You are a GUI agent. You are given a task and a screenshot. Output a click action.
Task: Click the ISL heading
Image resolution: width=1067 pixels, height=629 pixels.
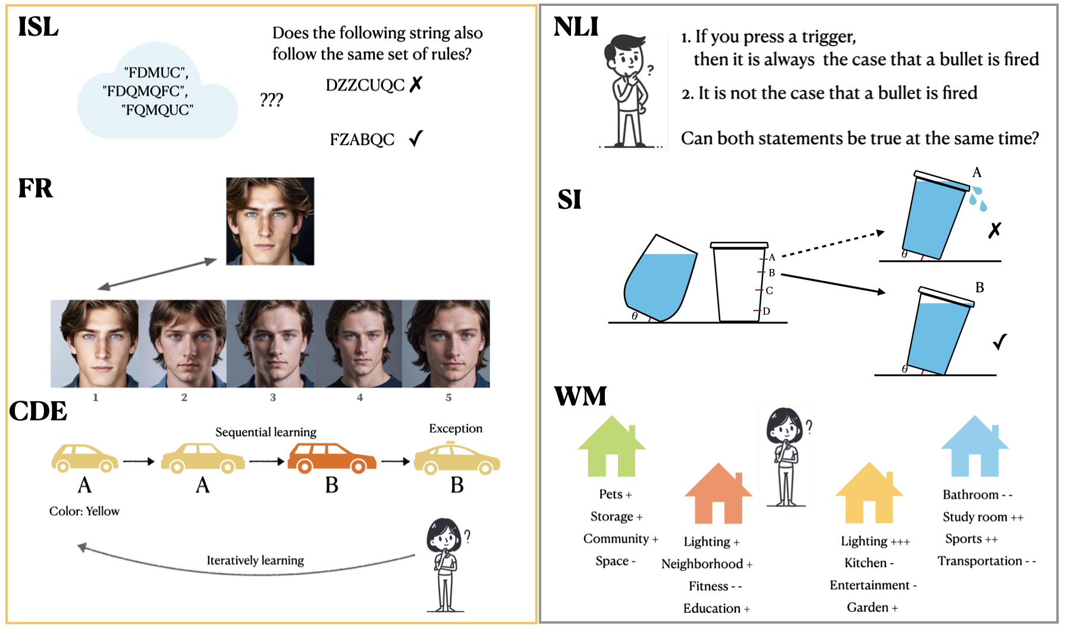38,27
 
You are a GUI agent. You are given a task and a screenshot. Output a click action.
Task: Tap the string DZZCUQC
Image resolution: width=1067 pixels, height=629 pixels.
365,86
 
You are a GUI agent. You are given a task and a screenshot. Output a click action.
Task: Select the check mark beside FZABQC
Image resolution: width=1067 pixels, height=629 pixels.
416,139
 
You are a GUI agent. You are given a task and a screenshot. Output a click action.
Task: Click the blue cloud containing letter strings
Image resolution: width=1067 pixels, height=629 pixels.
157,92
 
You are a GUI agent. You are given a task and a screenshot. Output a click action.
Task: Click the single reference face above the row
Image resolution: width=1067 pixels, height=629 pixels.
270,221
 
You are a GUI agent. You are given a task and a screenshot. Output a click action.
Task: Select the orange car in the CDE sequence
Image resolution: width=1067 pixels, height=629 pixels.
331,458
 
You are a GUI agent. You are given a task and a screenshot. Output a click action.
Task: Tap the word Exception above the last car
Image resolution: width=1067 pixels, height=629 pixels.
456,429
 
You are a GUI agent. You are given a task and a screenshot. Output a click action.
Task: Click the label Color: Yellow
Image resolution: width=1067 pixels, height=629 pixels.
84,511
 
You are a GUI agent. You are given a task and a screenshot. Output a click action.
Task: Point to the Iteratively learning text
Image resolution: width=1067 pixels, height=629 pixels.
255,560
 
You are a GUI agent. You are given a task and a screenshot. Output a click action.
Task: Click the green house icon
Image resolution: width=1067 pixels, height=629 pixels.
611,447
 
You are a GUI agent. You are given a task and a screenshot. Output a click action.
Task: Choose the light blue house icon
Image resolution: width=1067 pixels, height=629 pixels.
974,447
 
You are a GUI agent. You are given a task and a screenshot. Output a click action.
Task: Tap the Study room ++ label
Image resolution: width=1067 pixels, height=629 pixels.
982,517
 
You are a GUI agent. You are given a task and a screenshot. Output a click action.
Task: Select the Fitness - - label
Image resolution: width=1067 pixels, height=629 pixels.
715,586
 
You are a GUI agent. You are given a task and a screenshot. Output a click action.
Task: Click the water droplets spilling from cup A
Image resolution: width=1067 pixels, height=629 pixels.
977,199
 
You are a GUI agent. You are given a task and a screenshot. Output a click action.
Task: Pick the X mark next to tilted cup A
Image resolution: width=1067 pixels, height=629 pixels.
994,230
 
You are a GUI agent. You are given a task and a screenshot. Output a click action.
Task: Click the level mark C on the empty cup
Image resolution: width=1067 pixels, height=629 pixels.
769,291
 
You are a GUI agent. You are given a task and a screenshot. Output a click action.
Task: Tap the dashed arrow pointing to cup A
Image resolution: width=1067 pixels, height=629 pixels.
833,244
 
